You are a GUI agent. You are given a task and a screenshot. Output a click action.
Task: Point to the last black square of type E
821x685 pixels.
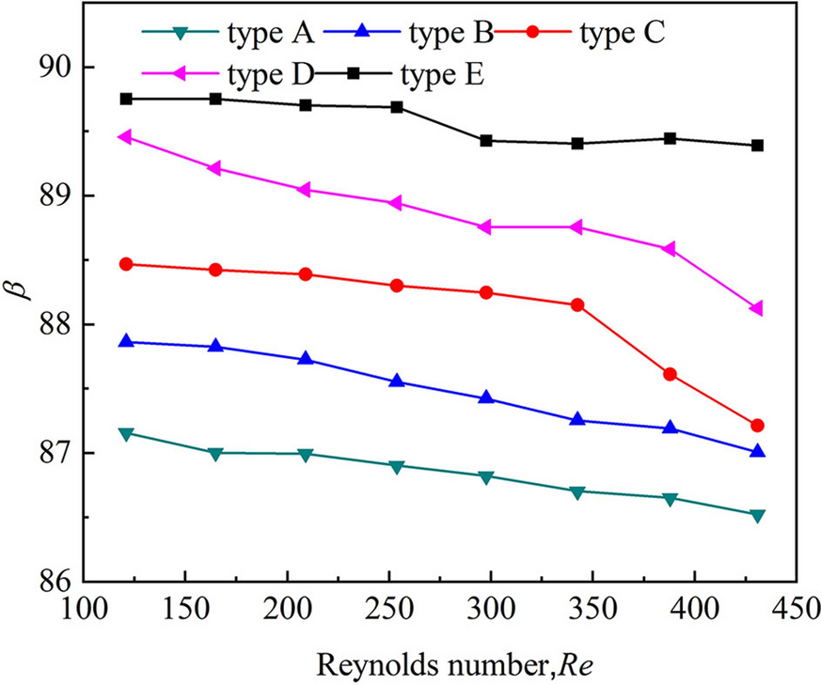coord(757,146)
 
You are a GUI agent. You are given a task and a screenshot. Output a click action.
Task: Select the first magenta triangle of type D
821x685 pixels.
coord(123,137)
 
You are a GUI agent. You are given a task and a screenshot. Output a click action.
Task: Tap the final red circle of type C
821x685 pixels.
coord(757,426)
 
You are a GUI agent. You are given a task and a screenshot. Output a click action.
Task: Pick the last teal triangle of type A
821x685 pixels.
coord(757,515)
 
